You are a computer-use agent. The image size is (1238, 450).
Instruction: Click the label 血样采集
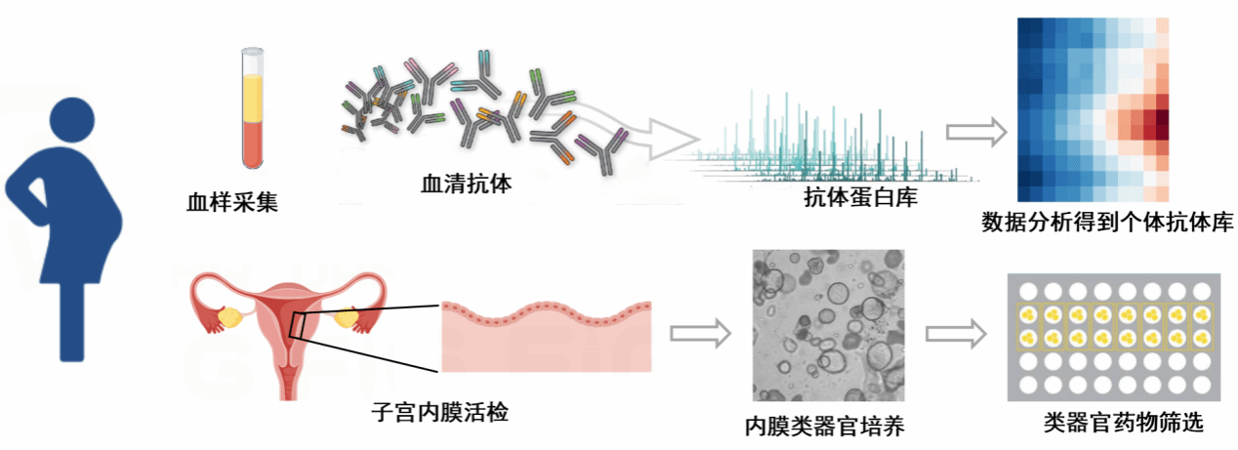click(x=232, y=203)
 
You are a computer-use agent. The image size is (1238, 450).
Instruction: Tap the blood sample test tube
click(x=253, y=112)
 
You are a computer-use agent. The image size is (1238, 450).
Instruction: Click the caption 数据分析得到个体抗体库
click(x=1107, y=223)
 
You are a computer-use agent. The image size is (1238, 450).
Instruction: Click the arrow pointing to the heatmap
click(x=976, y=132)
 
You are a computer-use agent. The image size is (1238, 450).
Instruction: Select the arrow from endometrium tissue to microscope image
click(x=700, y=333)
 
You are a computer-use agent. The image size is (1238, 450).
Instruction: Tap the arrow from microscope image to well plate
click(x=956, y=334)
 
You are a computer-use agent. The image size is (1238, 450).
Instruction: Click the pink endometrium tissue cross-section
click(x=546, y=337)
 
